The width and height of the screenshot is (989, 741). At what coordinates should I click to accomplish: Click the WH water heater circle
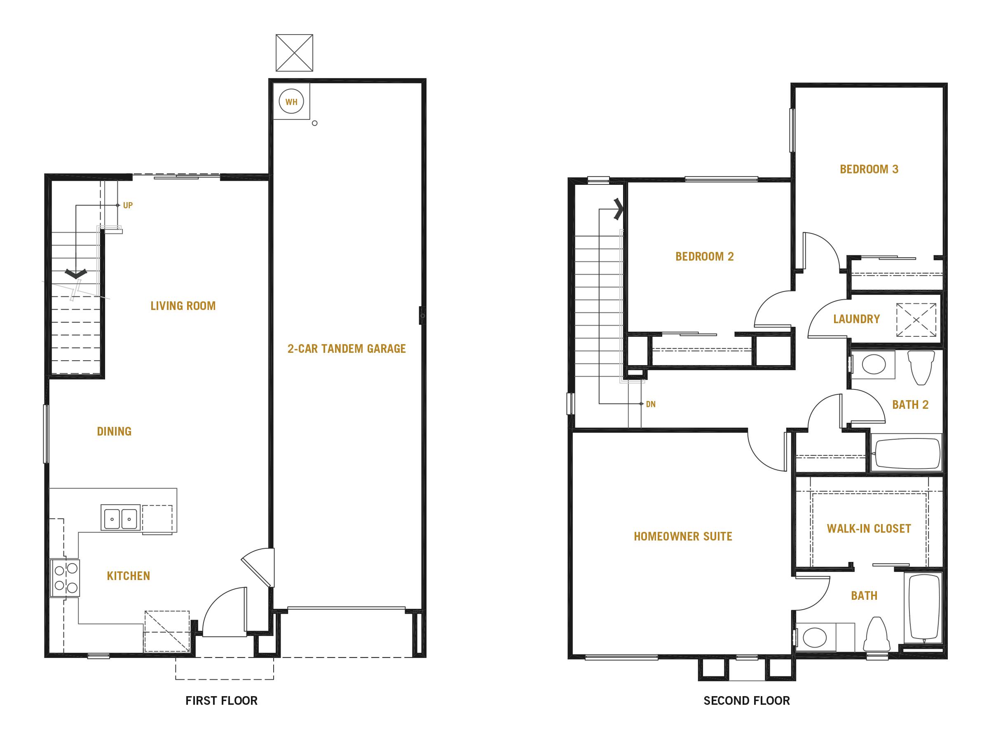(x=291, y=102)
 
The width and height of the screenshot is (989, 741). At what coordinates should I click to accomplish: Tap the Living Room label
(x=183, y=306)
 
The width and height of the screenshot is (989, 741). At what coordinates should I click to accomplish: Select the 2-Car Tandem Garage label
(x=347, y=348)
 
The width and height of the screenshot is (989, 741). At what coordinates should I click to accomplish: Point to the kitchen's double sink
(x=120, y=517)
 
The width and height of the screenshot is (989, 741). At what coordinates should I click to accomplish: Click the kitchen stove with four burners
(x=65, y=578)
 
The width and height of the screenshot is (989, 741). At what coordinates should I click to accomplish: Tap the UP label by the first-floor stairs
(x=128, y=205)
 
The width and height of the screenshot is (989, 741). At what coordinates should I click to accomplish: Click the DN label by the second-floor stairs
(x=651, y=404)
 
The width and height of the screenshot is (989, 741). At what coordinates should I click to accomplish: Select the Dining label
(x=114, y=431)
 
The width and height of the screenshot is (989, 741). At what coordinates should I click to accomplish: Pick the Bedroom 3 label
(x=869, y=169)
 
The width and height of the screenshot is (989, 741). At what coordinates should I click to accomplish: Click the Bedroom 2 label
(x=705, y=256)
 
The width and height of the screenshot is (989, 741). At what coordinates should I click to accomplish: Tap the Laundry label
(x=856, y=319)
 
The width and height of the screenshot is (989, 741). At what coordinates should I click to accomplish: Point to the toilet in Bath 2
(x=921, y=367)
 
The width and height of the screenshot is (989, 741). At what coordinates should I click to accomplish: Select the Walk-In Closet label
(x=869, y=529)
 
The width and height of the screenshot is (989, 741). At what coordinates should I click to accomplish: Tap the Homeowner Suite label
(x=683, y=536)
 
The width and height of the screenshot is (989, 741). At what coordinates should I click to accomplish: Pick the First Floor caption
(x=221, y=701)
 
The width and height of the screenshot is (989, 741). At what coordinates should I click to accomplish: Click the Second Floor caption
(x=747, y=701)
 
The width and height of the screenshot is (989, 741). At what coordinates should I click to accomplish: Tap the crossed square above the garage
(x=294, y=53)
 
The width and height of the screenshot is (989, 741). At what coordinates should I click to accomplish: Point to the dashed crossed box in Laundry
(x=916, y=320)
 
